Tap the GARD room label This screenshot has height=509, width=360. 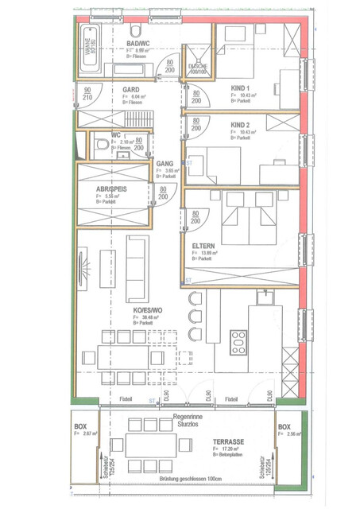pyautogui.click(x=131, y=90)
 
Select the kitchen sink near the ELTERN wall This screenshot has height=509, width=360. pyautogui.click(x=265, y=299)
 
